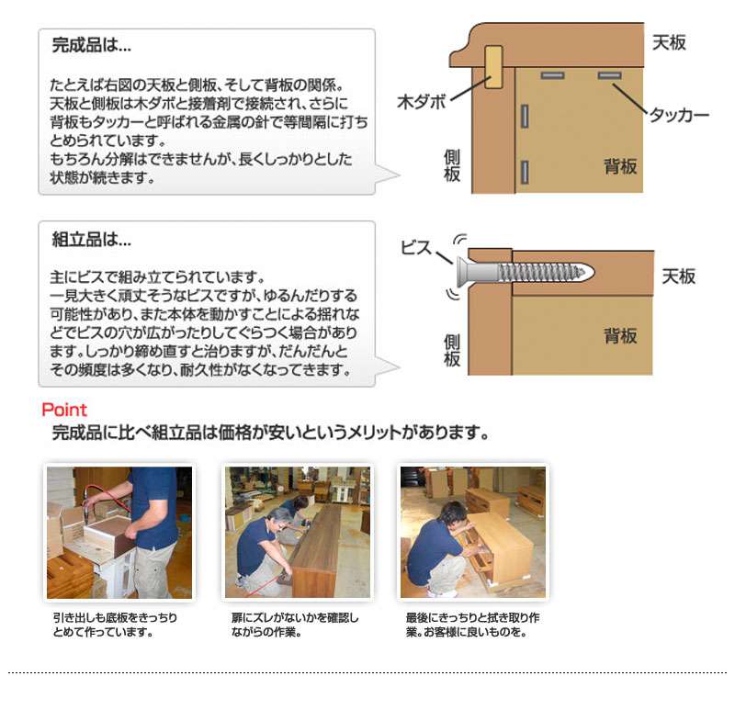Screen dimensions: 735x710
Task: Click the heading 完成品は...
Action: pyautogui.click(x=91, y=45)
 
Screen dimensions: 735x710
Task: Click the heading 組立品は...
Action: pyautogui.click(x=91, y=240)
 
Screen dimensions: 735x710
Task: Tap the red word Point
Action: pyautogui.click(x=64, y=410)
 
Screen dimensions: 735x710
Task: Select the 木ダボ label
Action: pyautogui.click(x=421, y=102)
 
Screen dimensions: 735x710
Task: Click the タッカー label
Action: pyautogui.click(x=679, y=115)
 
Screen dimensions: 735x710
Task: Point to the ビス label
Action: pyautogui.click(x=416, y=248)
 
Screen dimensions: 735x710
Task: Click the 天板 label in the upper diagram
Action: pyautogui.click(x=669, y=42)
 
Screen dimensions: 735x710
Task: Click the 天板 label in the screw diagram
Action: pyautogui.click(x=678, y=276)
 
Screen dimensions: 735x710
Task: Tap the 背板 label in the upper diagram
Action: pyautogui.click(x=620, y=166)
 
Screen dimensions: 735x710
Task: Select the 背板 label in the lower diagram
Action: pyautogui.click(x=620, y=336)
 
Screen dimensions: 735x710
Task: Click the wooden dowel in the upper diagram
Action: pyautogui.click(x=493, y=67)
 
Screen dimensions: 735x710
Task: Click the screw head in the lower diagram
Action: pyautogui.click(x=464, y=272)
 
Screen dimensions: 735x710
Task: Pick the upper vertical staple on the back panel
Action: pyautogui.click(x=525, y=117)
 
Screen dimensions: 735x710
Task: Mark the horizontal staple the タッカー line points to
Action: pyautogui.click(x=609, y=75)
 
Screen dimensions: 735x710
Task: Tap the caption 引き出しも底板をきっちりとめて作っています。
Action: pyautogui.click(x=116, y=625)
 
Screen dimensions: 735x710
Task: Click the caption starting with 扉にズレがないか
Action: pyautogui.click(x=295, y=625)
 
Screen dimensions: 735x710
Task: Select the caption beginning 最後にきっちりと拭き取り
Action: pyautogui.click(x=473, y=625)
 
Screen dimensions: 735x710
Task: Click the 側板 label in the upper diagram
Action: pyautogui.click(x=452, y=165)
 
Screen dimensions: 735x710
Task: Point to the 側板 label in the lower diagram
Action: pyautogui.click(x=452, y=350)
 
